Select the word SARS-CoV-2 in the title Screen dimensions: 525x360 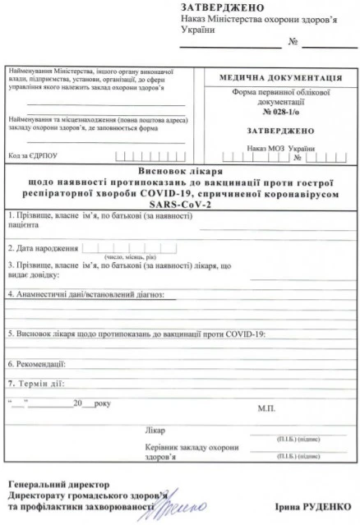click(180, 204)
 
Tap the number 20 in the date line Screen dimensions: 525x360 click(78, 404)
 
